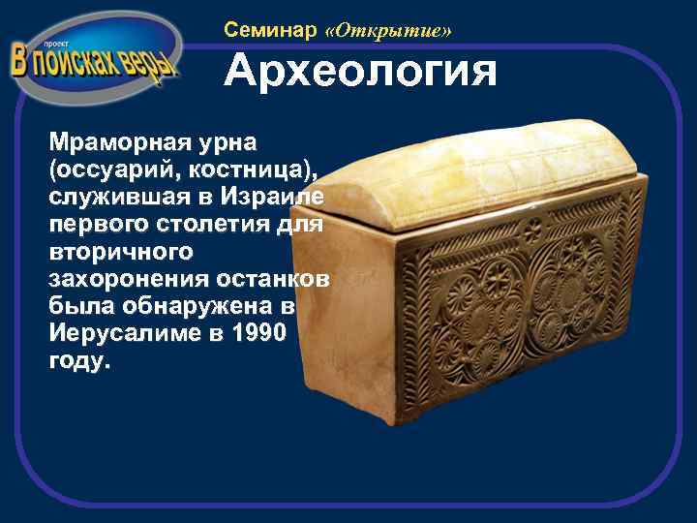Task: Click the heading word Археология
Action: (x=360, y=74)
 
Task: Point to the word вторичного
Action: (x=120, y=250)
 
